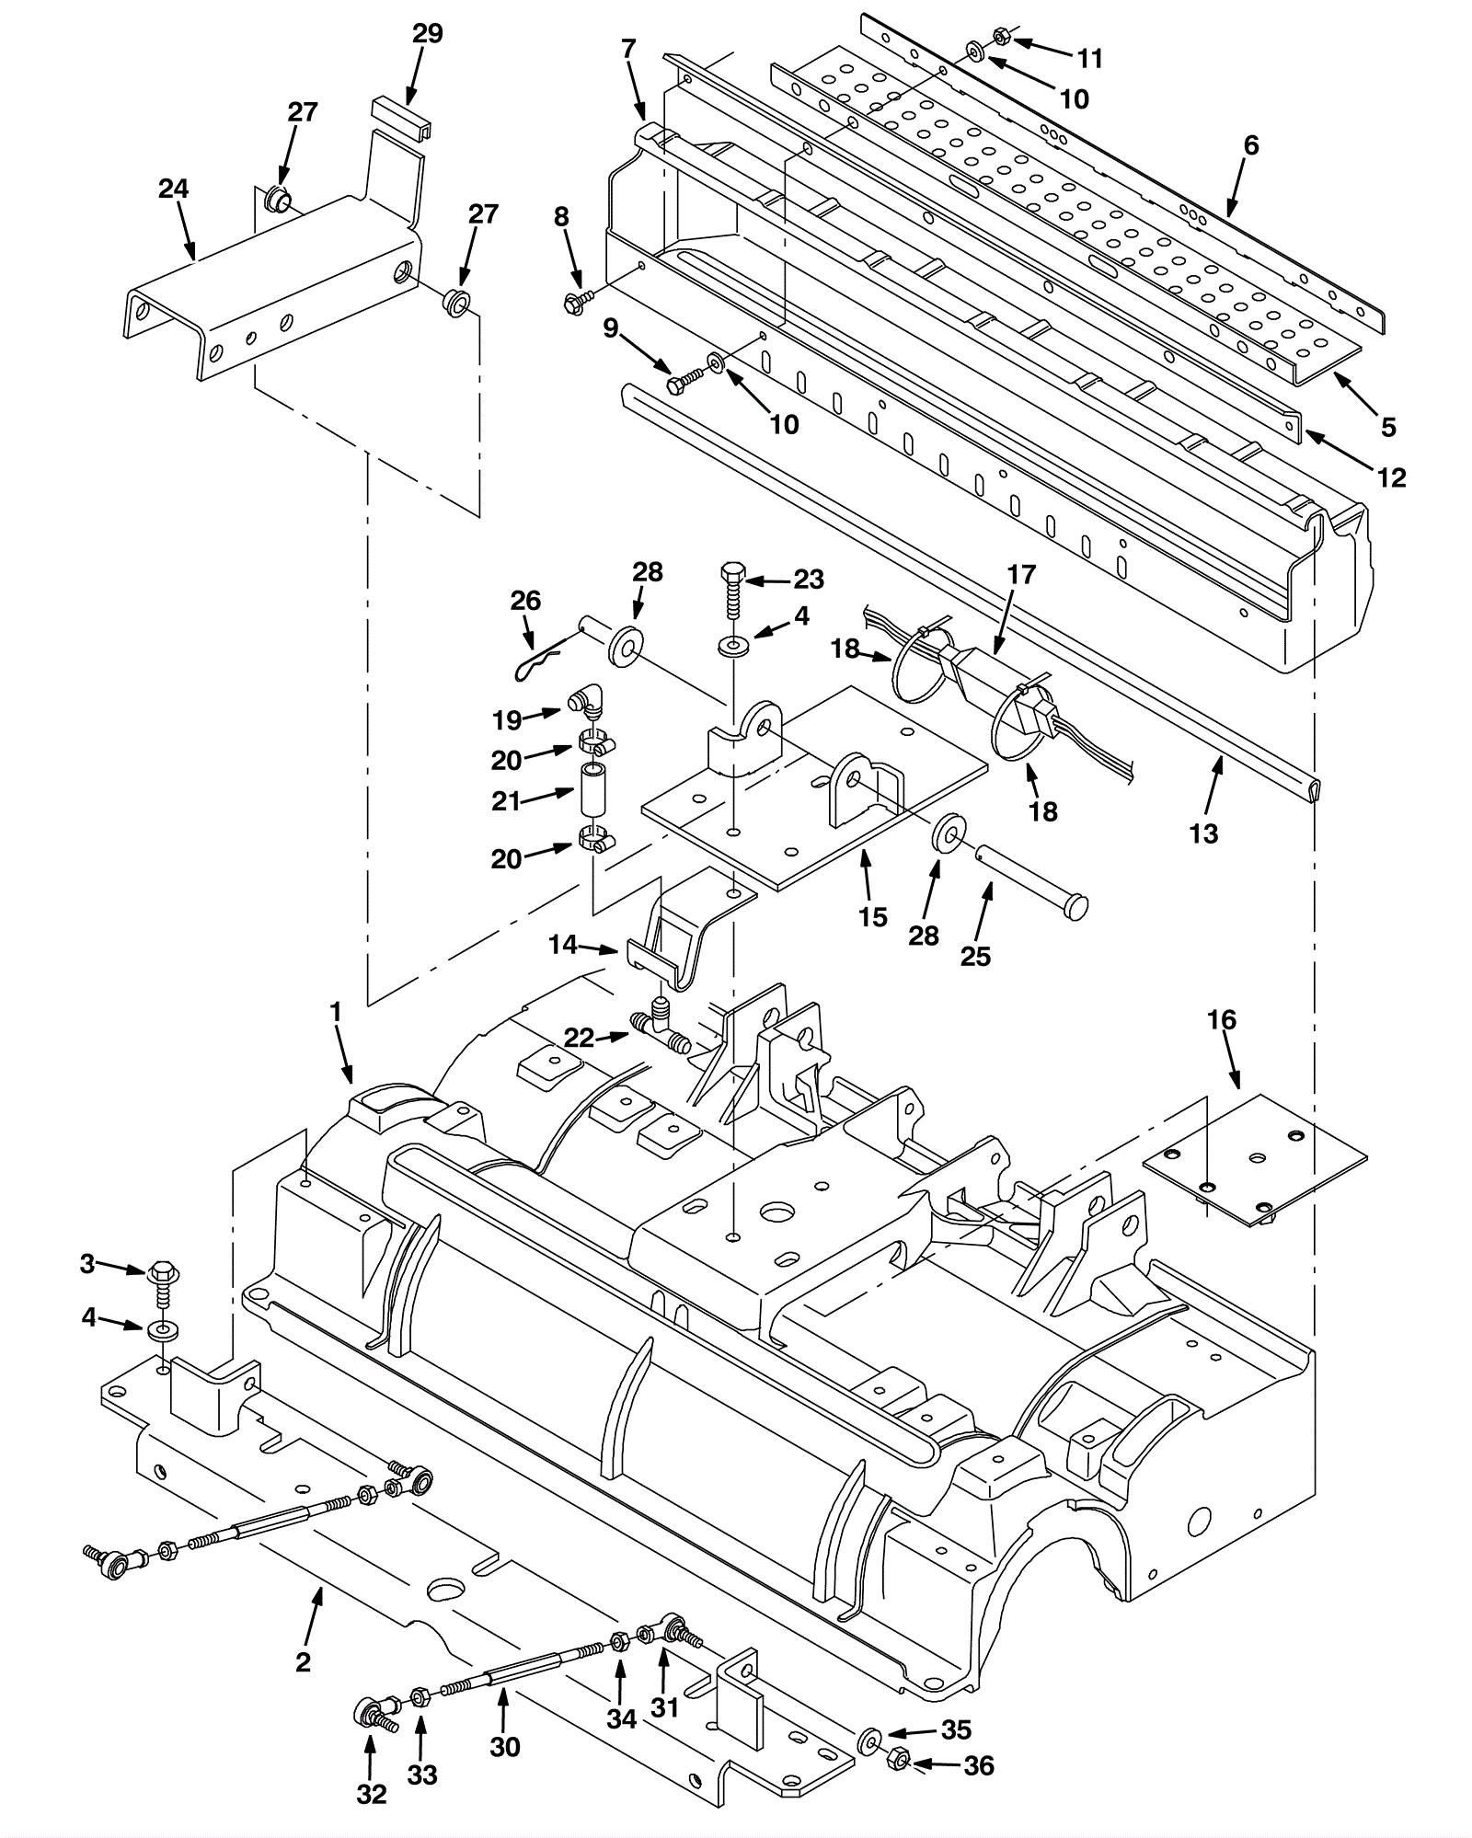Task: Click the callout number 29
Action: pyautogui.click(x=428, y=34)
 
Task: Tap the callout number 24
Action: pyautogui.click(x=173, y=189)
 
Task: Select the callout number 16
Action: pyautogui.click(x=1222, y=1019)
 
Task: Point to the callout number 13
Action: pyautogui.click(x=1203, y=833)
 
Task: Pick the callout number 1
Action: pyautogui.click(x=336, y=1012)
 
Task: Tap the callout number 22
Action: pyautogui.click(x=580, y=1038)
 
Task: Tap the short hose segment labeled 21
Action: pyautogui.click(x=592, y=787)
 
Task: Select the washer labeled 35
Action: pyautogui.click(x=867, y=1740)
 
